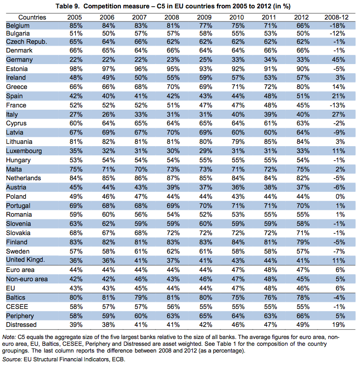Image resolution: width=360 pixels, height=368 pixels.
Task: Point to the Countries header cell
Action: [25, 17]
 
